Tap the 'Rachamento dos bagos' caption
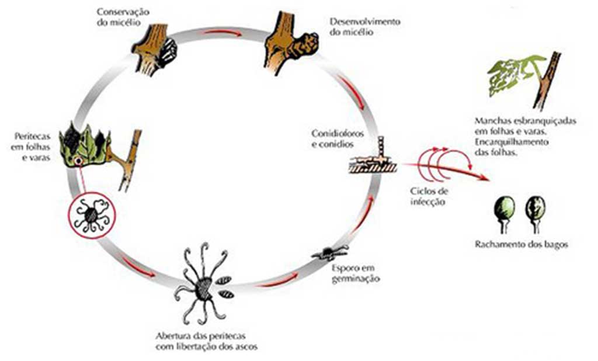(521, 245)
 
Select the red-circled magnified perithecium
(92, 213)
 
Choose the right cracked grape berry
(536, 207)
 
